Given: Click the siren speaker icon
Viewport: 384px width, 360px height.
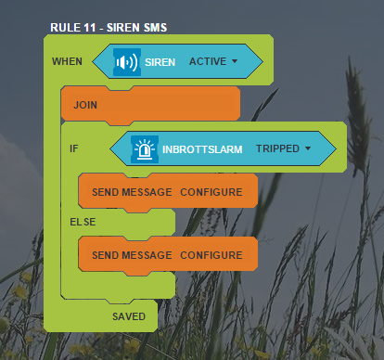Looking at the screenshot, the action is [127, 62].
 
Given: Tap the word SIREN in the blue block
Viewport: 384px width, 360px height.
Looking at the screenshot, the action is [160, 62].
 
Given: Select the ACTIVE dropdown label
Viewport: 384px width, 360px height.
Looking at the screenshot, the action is [208, 61].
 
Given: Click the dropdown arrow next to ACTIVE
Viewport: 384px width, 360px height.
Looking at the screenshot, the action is [235, 61].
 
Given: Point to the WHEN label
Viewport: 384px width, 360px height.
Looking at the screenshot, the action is [67, 61].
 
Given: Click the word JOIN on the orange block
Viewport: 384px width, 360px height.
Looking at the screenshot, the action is [85, 105].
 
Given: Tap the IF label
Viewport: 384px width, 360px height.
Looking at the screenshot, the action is [74, 148].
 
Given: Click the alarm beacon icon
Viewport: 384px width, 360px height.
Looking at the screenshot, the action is [145, 149].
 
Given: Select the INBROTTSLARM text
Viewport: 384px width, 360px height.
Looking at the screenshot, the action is [202, 149].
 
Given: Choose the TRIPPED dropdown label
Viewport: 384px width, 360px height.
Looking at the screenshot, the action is [277, 148].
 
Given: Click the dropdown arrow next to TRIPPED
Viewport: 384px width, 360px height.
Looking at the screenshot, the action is [308, 148].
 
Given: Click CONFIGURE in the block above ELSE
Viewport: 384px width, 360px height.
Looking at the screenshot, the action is [211, 192].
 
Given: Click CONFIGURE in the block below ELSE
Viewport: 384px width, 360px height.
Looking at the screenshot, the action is [211, 255].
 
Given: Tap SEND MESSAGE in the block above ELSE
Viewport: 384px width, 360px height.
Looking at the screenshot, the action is [132, 192].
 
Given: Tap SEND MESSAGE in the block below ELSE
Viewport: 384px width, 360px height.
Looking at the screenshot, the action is [132, 255].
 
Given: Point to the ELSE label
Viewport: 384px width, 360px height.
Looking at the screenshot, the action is [83, 222].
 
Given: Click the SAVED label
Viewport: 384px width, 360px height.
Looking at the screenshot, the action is [129, 316].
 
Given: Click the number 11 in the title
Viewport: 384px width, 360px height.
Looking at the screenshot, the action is [89, 28].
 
